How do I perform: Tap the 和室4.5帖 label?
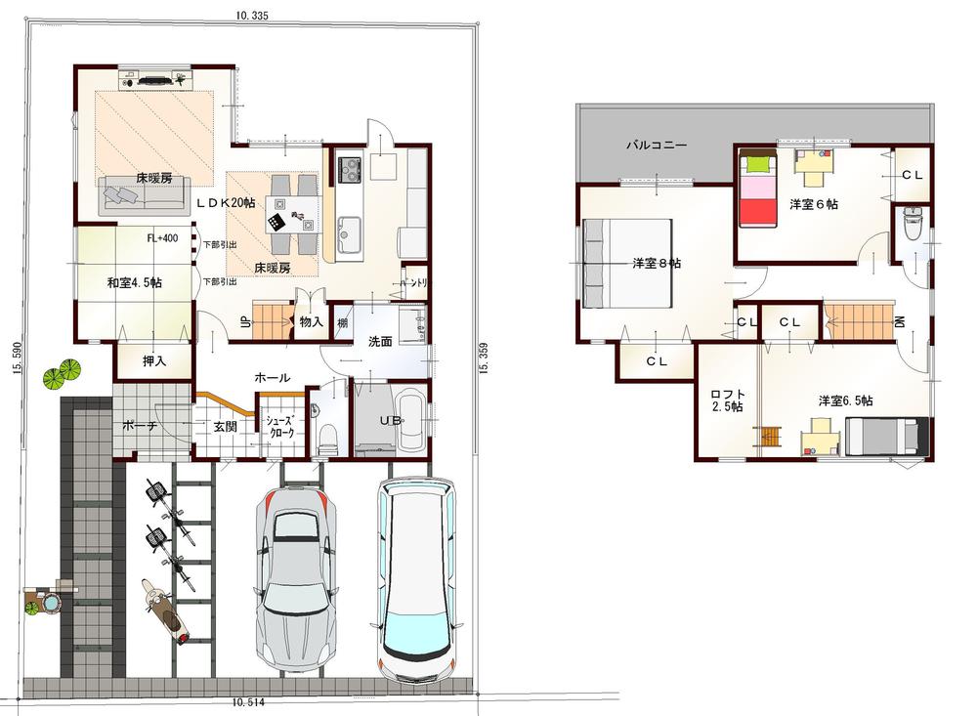[135, 283]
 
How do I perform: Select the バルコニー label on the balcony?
[657, 145]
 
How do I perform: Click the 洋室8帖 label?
[657, 263]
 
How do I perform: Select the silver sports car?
[295, 576]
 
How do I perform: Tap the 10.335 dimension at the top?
[251, 16]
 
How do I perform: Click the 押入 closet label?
[153, 361]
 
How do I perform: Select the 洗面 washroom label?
[380, 342]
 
